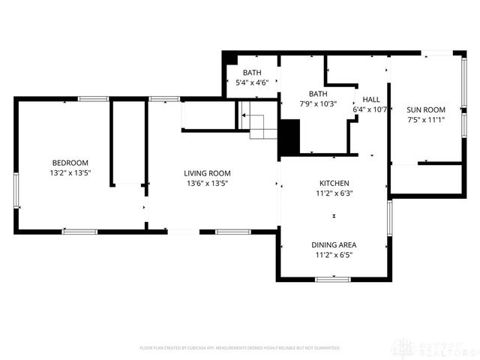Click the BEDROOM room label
pyautogui.click(x=70, y=163)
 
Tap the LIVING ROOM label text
pyautogui.click(x=207, y=173)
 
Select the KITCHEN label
pyautogui.click(x=334, y=183)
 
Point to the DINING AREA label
pyautogui.click(x=334, y=245)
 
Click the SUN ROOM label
pyautogui.click(x=426, y=109)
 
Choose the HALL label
pyautogui.click(x=370, y=99)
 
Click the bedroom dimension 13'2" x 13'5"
pyautogui.click(x=70, y=172)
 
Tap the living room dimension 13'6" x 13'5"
pyautogui.click(x=207, y=183)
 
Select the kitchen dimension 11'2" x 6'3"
pyautogui.click(x=334, y=193)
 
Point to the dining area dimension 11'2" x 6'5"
pyautogui.click(x=334, y=255)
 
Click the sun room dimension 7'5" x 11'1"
pyautogui.click(x=426, y=118)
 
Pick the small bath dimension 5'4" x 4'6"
pyautogui.click(x=252, y=82)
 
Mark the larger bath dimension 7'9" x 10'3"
pyautogui.click(x=318, y=104)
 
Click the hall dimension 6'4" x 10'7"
pyautogui.click(x=370, y=109)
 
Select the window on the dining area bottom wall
pyautogui.click(x=333, y=280)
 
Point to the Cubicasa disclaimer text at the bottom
pyautogui.click(x=240, y=348)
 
